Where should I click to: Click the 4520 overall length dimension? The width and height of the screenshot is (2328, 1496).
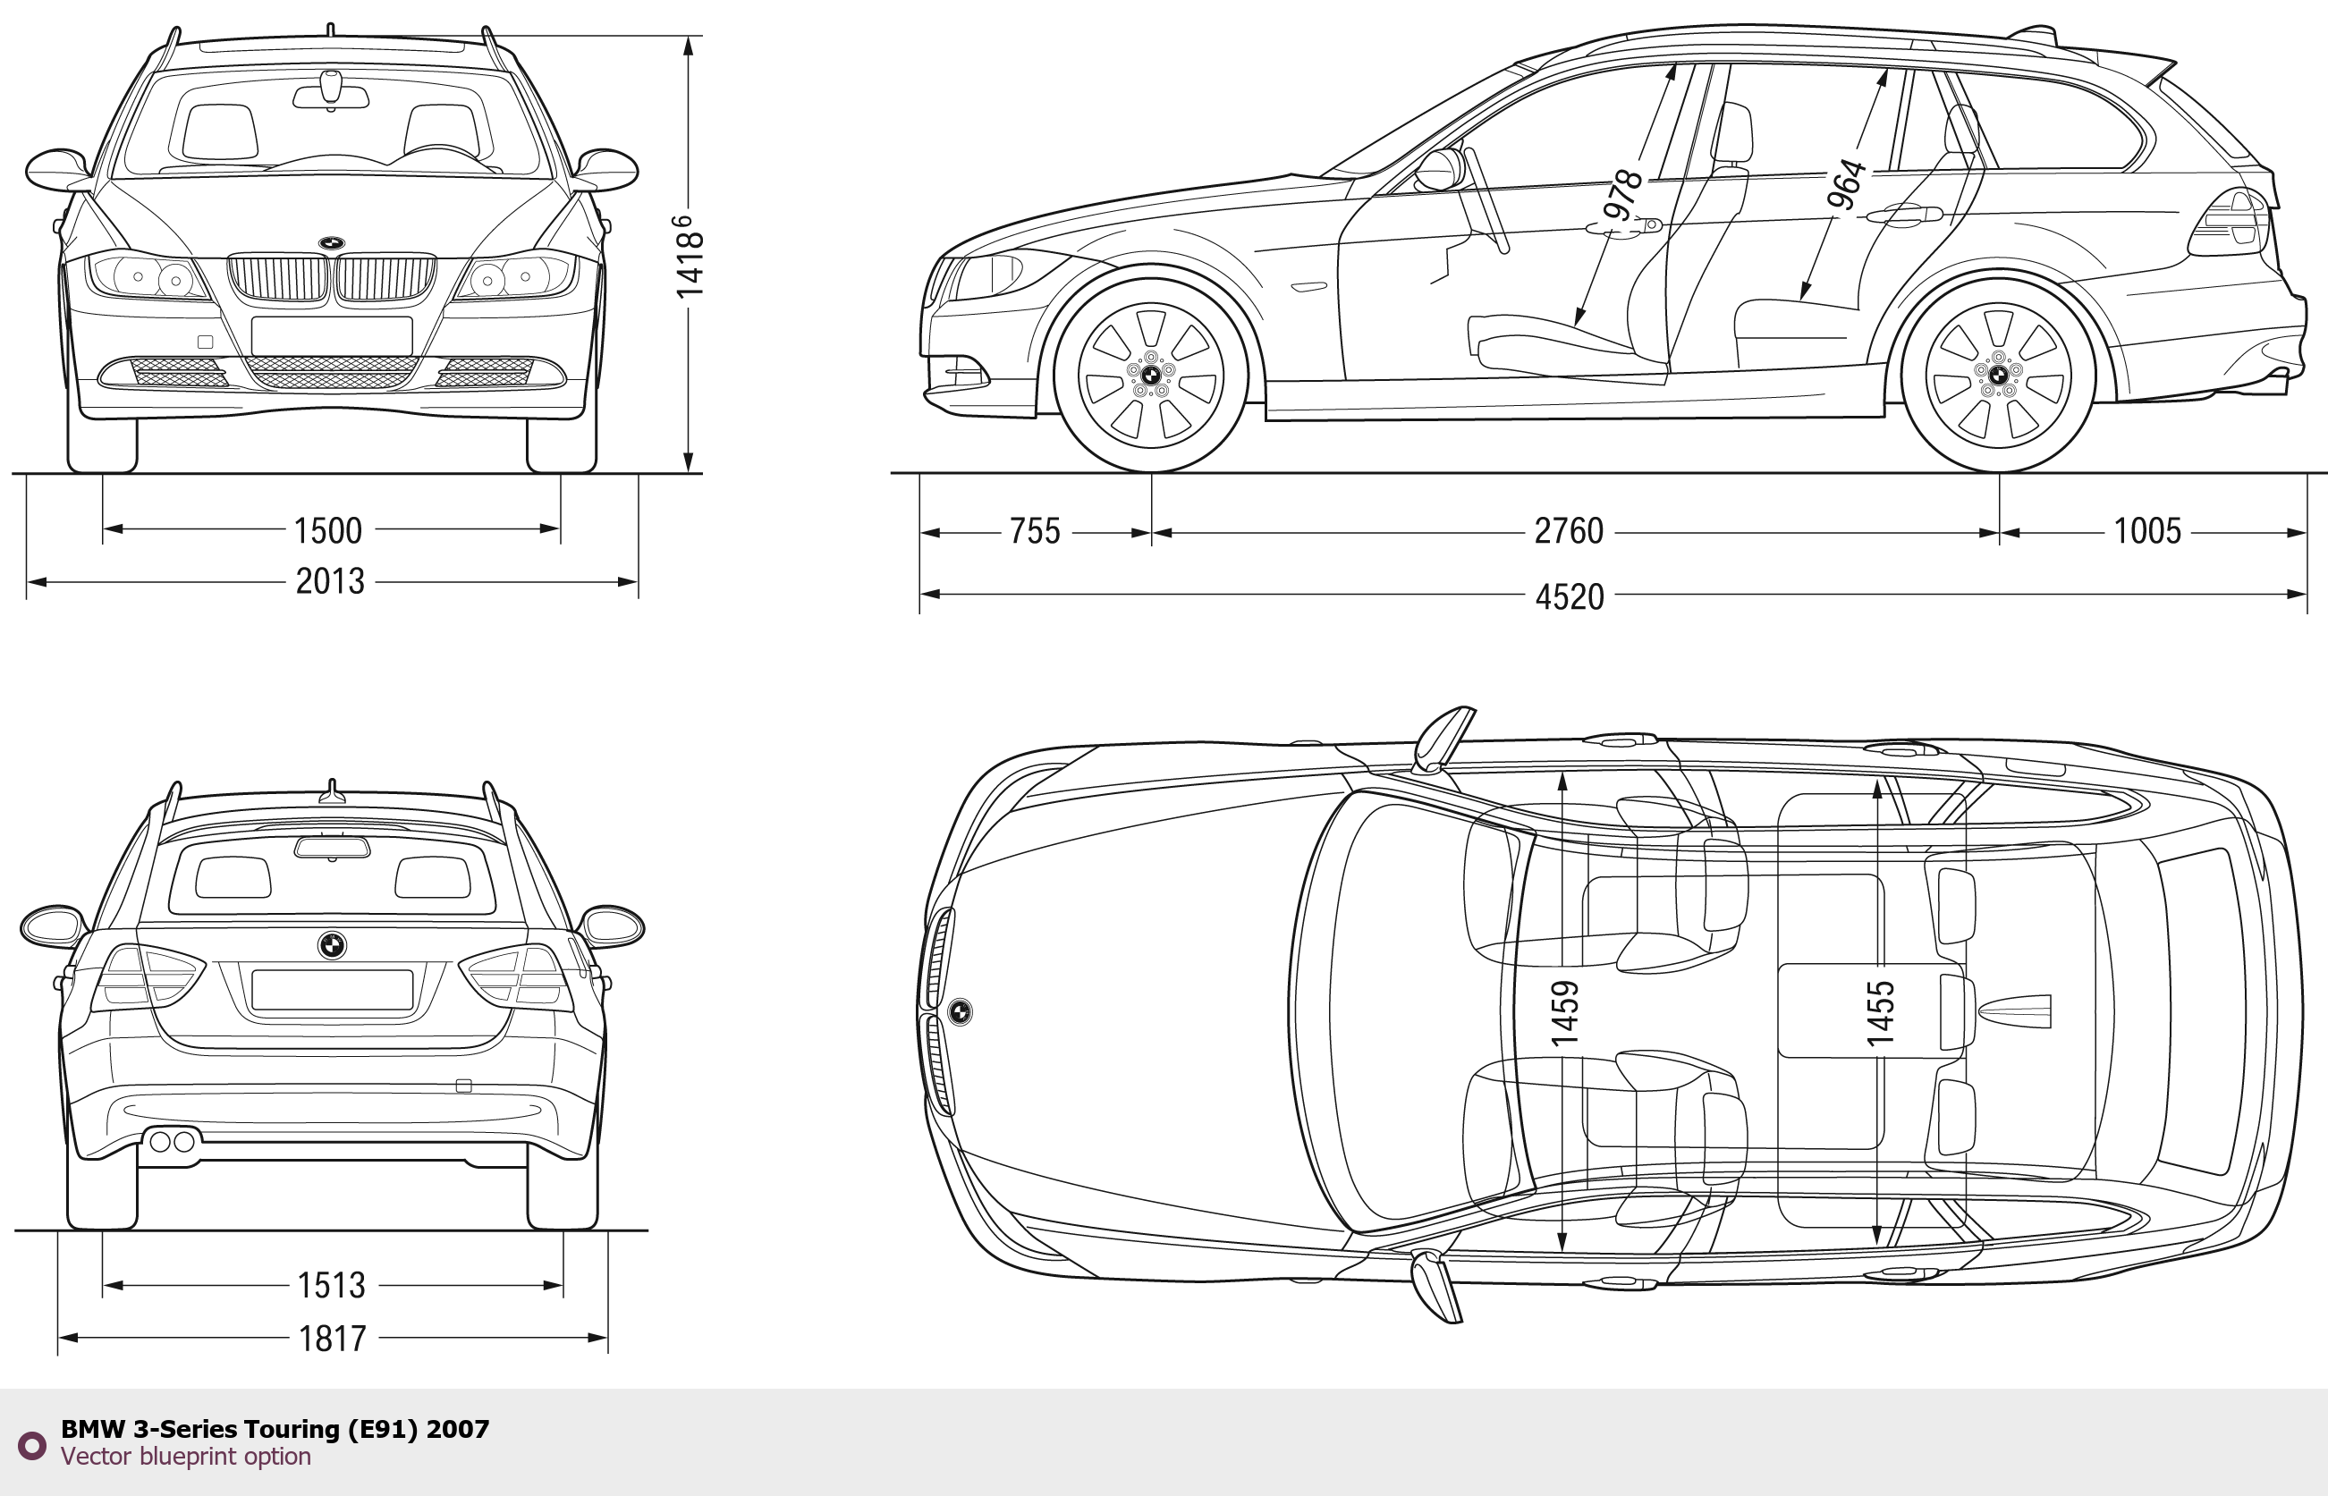(1570, 596)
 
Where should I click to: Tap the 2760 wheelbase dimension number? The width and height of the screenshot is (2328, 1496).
(1568, 531)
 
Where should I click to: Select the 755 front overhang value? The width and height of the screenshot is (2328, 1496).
(1035, 531)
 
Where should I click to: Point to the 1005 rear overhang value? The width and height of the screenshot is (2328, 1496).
(2147, 531)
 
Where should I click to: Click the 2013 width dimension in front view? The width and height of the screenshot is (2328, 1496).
(329, 581)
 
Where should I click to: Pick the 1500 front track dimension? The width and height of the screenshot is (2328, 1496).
(327, 530)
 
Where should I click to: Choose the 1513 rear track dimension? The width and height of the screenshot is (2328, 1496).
(331, 1285)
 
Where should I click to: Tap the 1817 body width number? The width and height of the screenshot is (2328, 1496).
(333, 1339)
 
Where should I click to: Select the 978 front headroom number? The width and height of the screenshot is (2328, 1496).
(1621, 195)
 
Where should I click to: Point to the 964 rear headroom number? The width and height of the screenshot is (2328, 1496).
(1846, 184)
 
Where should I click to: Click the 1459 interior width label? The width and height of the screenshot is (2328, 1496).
(1563, 1013)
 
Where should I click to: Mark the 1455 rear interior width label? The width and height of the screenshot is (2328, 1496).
(1880, 1013)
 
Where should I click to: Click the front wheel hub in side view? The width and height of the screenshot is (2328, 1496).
(1150, 375)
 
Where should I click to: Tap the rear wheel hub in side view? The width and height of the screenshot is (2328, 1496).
(1999, 375)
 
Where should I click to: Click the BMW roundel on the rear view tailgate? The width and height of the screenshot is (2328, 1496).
(331, 945)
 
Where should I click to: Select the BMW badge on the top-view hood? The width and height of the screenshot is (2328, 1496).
(960, 1011)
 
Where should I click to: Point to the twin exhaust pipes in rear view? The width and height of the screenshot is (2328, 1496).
(172, 1141)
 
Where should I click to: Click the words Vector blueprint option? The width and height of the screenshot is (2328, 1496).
(186, 1456)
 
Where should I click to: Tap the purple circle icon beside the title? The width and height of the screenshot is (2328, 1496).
(32, 1446)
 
